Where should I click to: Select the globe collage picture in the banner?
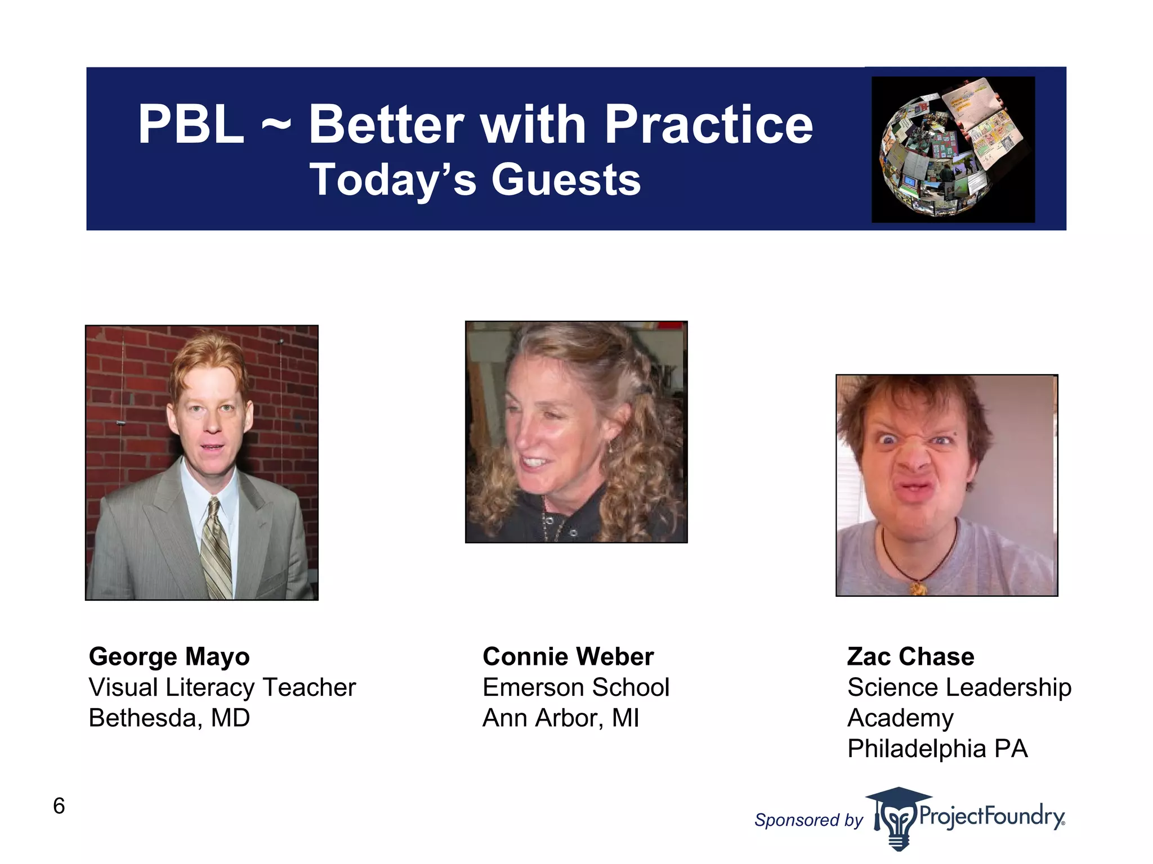[x=953, y=149]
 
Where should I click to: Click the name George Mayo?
[x=169, y=656]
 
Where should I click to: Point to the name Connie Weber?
[x=567, y=656]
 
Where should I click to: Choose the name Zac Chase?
[x=910, y=656]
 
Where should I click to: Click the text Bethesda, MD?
[x=169, y=718]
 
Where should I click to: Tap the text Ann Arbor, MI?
[x=561, y=718]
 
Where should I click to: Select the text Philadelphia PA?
[x=937, y=749]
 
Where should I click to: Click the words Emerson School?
[x=575, y=687]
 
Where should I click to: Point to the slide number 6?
[x=59, y=806]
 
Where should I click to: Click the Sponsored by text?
[x=808, y=820]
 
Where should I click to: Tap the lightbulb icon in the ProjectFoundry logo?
[x=898, y=824]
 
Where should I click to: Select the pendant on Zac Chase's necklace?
[x=918, y=588]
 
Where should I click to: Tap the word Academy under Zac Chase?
[x=900, y=718]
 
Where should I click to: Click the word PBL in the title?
[x=191, y=125]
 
